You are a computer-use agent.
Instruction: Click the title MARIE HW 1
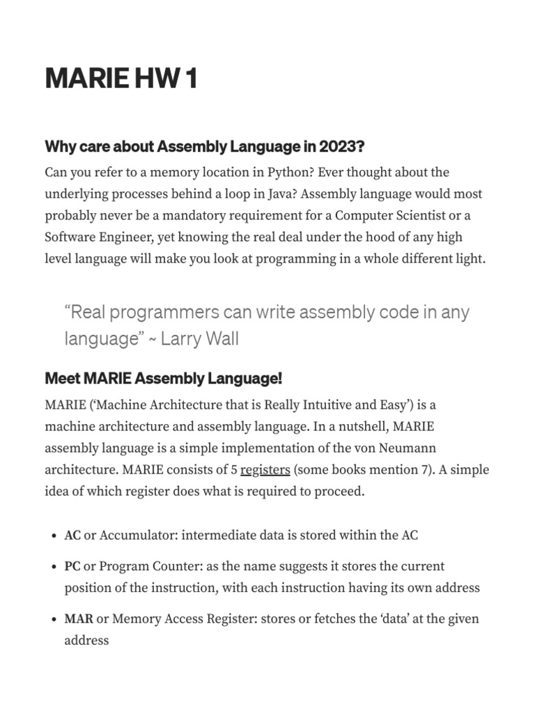(121, 79)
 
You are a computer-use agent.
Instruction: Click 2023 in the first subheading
(342, 147)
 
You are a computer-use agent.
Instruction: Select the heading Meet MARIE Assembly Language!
(164, 379)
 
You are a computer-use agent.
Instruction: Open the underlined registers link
(265, 469)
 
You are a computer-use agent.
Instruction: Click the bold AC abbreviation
(72, 535)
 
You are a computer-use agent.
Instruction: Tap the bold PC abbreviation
(72, 567)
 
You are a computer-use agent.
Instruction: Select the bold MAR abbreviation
(79, 619)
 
